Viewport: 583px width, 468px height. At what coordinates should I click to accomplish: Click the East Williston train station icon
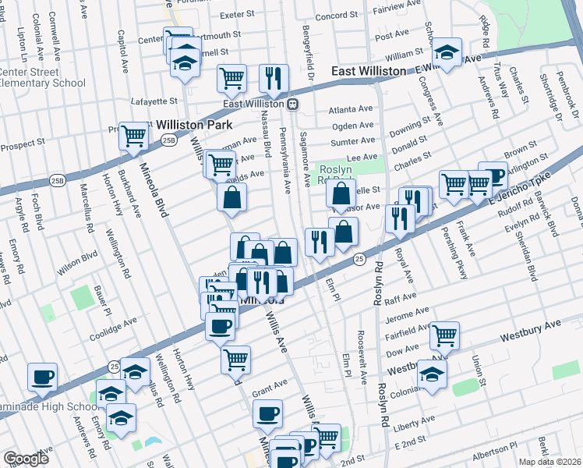(x=292, y=104)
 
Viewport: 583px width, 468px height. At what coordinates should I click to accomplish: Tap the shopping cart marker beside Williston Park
(x=135, y=136)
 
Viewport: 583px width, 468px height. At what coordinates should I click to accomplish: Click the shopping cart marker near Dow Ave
(x=443, y=335)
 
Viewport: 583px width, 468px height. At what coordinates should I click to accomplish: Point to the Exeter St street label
(x=238, y=14)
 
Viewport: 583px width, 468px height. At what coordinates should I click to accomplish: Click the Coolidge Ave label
(x=113, y=324)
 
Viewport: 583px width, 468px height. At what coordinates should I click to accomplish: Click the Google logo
(x=26, y=459)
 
